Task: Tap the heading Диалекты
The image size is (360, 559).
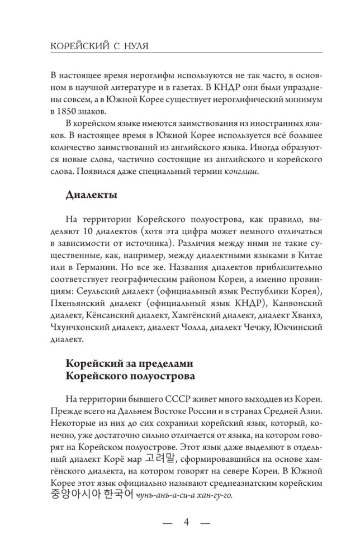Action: click(x=91, y=195)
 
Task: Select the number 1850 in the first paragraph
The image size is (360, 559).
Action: click(x=77, y=111)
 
